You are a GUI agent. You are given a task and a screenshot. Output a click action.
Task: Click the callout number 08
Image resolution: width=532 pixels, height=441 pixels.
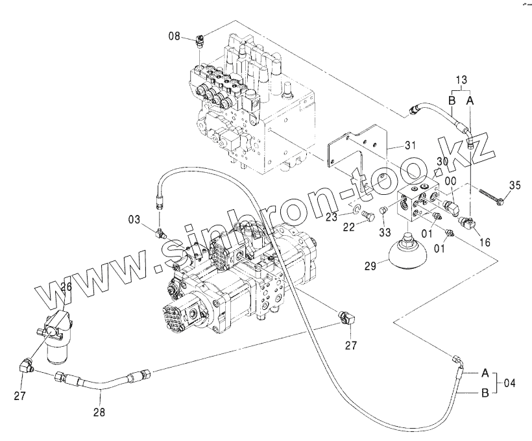click(175, 36)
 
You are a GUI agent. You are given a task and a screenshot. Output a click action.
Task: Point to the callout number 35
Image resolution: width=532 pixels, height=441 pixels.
click(514, 186)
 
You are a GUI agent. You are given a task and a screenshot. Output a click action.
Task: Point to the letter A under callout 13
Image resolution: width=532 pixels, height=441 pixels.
click(470, 101)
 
